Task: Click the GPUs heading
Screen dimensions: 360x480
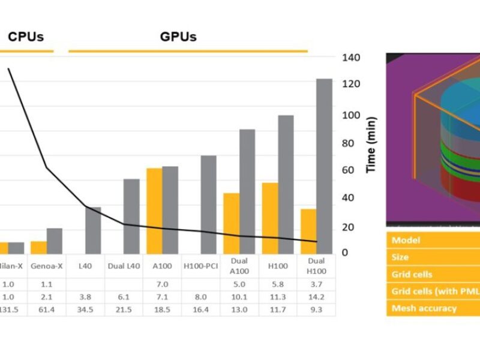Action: pyautogui.click(x=178, y=37)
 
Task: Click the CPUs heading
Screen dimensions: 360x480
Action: pyautogui.click(x=25, y=37)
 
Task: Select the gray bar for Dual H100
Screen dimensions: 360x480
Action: pyautogui.click(x=324, y=166)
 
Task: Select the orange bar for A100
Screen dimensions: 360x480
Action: pyautogui.click(x=154, y=211)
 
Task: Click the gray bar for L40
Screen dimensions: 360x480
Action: pyautogui.click(x=93, y=230)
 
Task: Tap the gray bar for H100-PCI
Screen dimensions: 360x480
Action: pyautogui.click(x=208, y=205)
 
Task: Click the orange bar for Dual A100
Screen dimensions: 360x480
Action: pyautogui.click(x=232, y=223)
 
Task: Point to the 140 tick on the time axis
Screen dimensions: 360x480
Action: pyautogui.click(x=351, y=58)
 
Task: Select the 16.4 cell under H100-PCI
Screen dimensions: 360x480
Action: pyautogui.click(x=201, y=310)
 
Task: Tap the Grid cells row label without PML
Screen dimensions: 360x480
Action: pyautogui.click(x=412, y=274)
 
